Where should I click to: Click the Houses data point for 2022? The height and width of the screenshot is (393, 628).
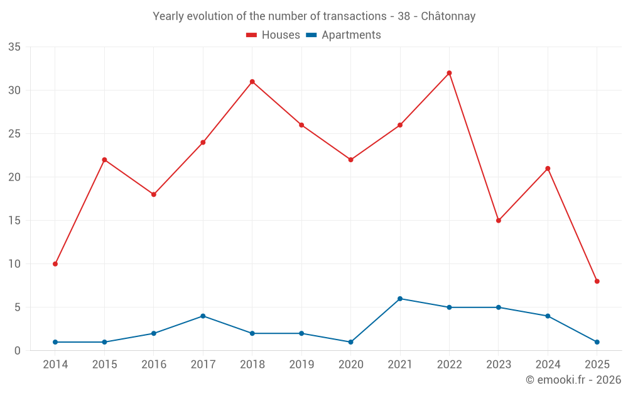[x=449, y=73]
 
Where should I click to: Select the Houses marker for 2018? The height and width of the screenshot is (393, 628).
[x=252, y=82]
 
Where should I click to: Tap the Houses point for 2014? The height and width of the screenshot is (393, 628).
[x=55, y=264]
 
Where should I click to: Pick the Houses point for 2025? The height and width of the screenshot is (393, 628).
[x=597, y=281]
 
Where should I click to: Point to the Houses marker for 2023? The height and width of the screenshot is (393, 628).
[x=499, y=221]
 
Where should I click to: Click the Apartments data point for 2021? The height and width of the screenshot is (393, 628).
[x=400, y=299]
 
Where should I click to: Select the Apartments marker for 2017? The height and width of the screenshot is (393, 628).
[x=203, y=316]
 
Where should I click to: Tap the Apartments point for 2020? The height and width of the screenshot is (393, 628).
[x=350, y=342]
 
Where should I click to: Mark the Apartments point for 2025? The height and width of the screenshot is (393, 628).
[x=597, y=342]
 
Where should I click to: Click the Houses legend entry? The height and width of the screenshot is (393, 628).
[x=273, y=35]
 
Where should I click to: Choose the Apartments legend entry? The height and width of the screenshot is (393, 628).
[x=344, y=35]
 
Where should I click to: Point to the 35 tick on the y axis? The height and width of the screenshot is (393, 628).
[x=14, y=47]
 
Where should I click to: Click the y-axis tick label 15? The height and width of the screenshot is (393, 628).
[x=14, y=221]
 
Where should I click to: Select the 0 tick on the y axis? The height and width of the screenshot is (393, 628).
[x=18, y=351]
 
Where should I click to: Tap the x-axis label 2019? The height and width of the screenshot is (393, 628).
[x=301, y=365]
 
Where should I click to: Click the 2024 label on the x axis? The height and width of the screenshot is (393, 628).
[x=548, y=365]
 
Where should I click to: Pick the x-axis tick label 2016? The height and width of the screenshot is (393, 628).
[x=154, y=365]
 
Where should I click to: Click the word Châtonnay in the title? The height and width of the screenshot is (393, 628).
[x=448, y=16]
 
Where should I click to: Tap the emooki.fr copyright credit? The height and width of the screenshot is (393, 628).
[x=573, y=380]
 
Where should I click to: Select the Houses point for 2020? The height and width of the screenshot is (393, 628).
[x=350, y=160]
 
